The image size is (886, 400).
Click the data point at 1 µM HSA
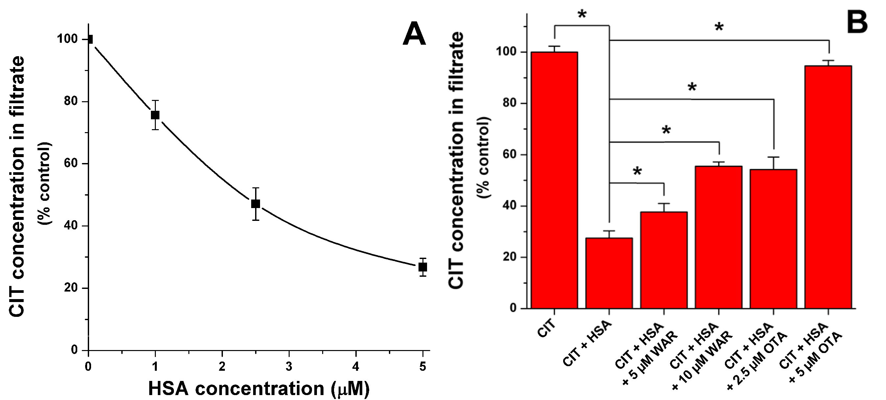155,115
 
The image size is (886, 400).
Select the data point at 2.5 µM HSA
255,203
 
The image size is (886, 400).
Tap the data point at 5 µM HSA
423,267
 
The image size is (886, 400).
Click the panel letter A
414,34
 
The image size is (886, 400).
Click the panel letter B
857,21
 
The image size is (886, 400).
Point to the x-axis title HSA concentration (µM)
259,388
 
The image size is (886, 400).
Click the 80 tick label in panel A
71,102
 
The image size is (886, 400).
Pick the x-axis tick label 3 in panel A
289,366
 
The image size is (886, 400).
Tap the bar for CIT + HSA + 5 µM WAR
664,260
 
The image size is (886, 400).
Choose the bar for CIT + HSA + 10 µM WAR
719,237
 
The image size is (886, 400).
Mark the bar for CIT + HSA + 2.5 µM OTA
773,239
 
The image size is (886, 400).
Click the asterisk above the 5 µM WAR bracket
637,171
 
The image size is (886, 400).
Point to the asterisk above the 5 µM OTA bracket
719,27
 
